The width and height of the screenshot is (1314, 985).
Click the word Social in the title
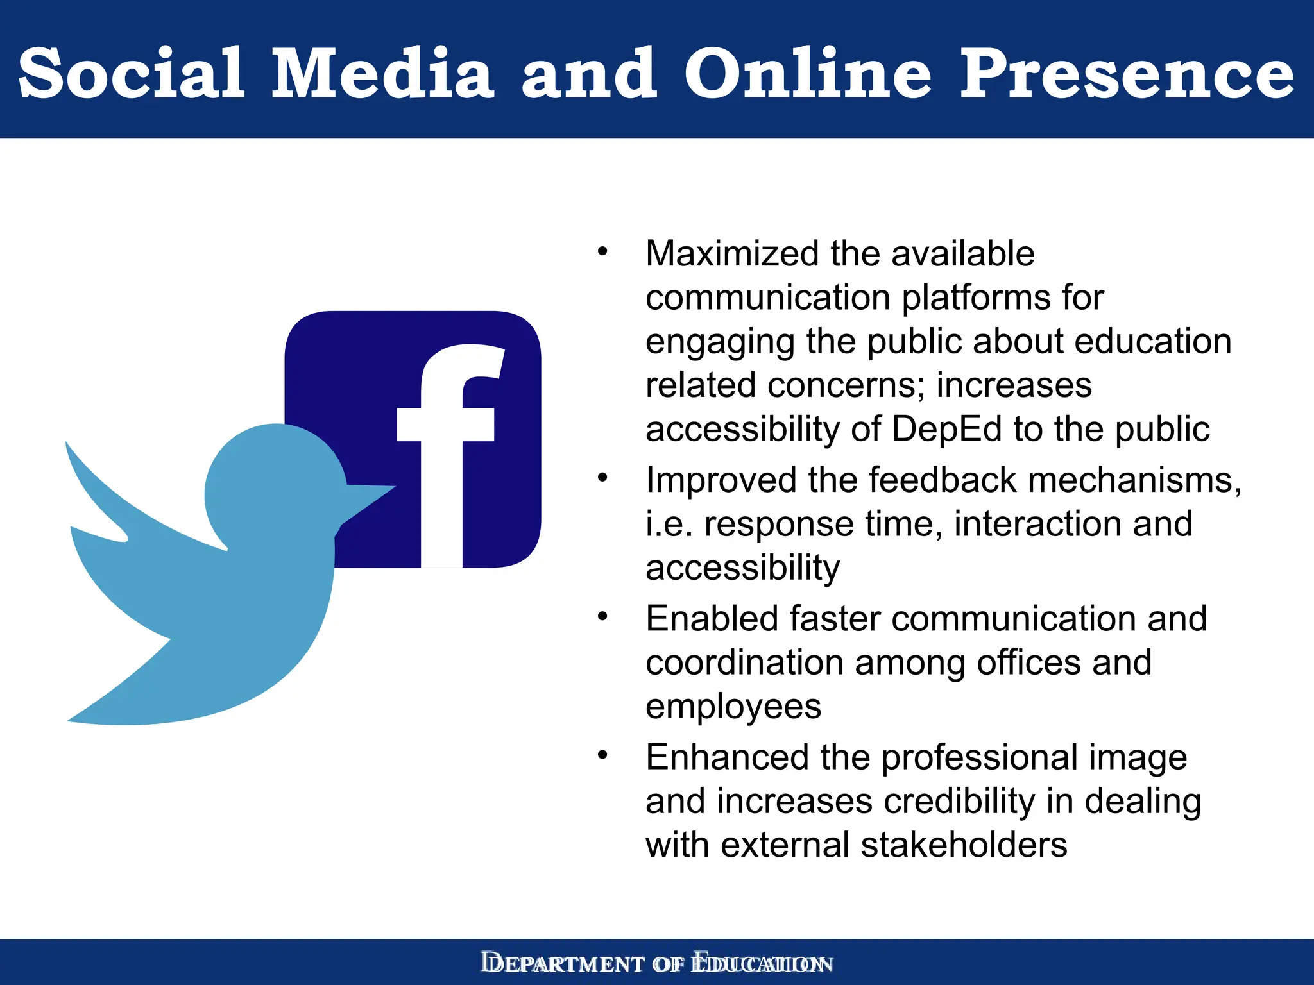pyautogui.click(x=132, y=74)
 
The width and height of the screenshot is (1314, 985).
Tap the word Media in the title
pyautogui.click(x=382, y=74)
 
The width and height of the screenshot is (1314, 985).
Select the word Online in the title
pyautogui.click(x=808, y=74)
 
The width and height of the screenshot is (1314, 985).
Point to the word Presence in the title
pyautogui.click(x=1126, y=74)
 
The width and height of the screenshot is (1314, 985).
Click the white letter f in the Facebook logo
pyautogui.click(x=449, y=449)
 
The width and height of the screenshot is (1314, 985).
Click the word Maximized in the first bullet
pyautogui.click(x=732, y=254)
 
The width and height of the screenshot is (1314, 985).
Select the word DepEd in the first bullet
pyautogui.click(x=946, y=429)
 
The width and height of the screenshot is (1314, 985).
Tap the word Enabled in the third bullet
pyautogui.click(x=712, y=619)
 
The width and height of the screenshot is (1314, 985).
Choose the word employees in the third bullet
pyautogui.click(x=733, y=707)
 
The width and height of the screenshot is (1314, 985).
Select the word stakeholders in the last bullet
pyautogui.click(x=964, y=845)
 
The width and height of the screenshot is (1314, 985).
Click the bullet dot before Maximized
pyautogui.click(x=602, y=252)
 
